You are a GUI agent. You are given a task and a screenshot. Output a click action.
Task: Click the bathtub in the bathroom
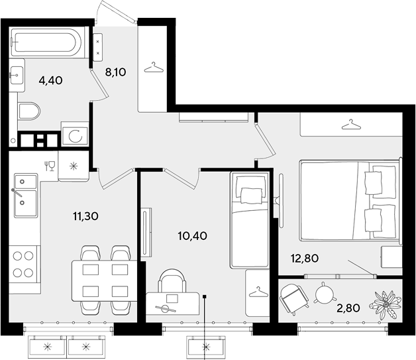46,42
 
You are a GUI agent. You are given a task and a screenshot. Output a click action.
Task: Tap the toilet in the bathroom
29,111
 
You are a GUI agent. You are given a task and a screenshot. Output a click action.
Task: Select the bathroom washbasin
17,76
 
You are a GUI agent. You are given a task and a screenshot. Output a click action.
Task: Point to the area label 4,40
50,80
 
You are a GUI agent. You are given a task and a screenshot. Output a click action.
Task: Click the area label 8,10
116,72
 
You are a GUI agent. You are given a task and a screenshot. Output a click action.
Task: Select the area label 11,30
85,216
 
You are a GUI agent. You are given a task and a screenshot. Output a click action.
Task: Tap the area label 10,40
193,235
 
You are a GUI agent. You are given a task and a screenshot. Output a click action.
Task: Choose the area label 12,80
304,258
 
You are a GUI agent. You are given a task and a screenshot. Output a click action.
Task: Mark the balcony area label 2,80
348,308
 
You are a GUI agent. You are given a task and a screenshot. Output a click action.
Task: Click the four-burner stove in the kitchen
23,264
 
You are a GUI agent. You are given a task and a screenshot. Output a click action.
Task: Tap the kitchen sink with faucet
25,196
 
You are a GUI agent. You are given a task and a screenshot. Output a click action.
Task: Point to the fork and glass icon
50,166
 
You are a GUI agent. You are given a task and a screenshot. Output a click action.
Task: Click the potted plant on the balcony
386,304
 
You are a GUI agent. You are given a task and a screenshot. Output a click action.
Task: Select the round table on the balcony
324,293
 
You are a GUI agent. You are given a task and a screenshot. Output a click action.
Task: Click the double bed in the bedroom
350,200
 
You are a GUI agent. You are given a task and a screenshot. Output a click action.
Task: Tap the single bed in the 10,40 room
249,220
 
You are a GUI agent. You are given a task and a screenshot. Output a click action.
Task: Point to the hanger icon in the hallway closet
153,68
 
